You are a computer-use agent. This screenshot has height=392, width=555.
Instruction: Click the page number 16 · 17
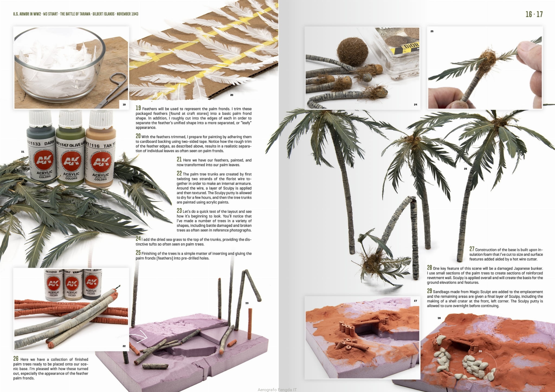click(x=534, y=14)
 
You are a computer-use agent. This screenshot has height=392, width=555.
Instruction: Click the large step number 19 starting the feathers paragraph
click(x=138, y=108)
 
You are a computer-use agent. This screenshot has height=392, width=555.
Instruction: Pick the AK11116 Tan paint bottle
click(x=100, y=149)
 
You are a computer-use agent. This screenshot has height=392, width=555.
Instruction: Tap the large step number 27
click(x=472, y=249)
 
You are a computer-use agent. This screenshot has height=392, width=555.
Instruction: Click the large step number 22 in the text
click(x=179, y=174)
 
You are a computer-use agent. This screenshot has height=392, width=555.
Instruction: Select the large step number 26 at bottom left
click(x=16, y=359)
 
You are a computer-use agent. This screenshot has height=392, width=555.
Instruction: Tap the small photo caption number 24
click(x=415, y=104)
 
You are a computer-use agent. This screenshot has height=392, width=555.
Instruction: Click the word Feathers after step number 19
click(x=150, y=109)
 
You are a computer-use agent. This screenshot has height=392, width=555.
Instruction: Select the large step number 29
click(x=430, y=291)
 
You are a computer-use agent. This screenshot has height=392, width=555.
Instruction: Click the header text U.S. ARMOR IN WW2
click(x=27, y=14)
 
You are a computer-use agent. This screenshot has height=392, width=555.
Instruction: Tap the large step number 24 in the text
click(x=138, y=239)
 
